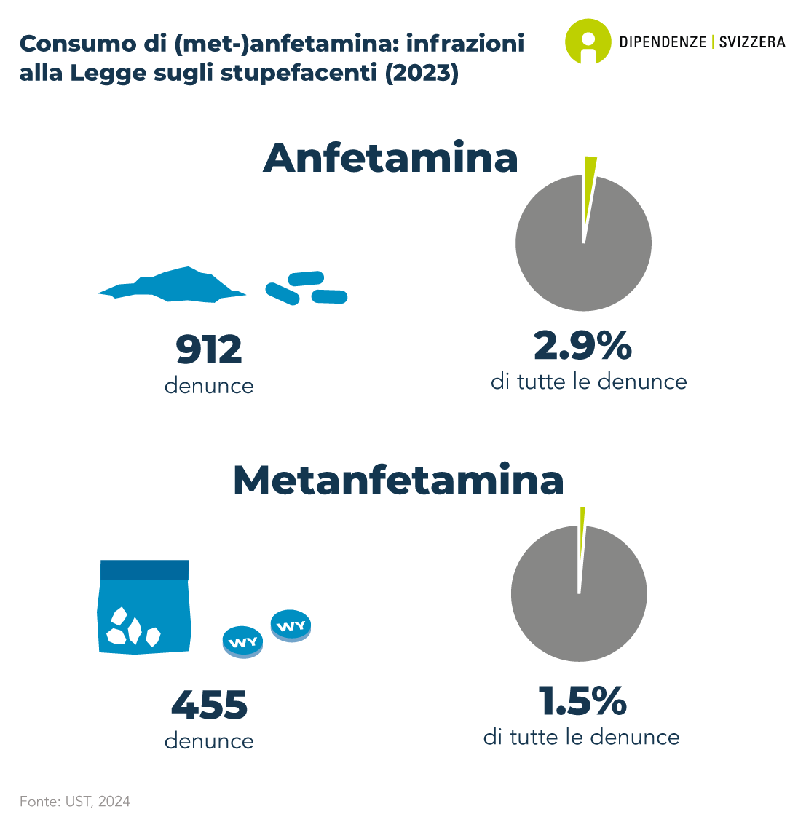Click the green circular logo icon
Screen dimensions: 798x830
pyautogui.click(x=588, y=41)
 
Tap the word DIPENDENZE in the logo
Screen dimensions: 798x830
pyautogui.click(x=663, y=41)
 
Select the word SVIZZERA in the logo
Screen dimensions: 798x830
pyautogui.click(x=752, y=41)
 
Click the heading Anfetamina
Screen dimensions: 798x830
pyautogui.click(x=390, y=158)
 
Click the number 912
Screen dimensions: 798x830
pyautogui.click(x=209, y=349)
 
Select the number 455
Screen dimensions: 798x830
pyautogui.click(x=209, y=705)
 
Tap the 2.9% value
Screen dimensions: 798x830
pyautogui.click(x=582, y=345)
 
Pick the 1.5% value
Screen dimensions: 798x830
pyautogui.click(x=582, y=700)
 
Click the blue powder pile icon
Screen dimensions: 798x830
pyautogui.click(x=172, y=286)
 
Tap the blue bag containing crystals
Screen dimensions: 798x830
pyautogui.click(x=144, y=607)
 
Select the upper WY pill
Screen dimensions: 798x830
pyautogui.click(x=291, y=625)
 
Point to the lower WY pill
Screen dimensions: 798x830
pyautogui.click(x=242, y=642)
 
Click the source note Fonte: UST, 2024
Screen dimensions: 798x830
pyautogui.click(x=75, y=802)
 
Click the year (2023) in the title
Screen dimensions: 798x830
pyautogui.click(x=422, y=73)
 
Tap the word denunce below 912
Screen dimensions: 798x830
pyautogui.click(x=209, y=386)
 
